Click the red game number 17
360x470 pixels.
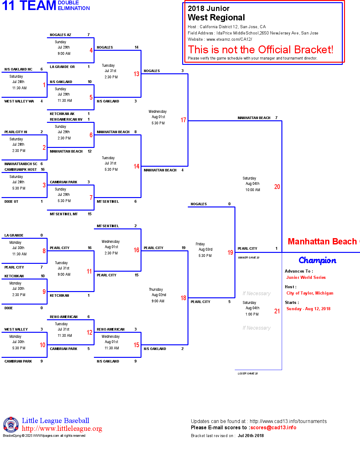coord(183,120)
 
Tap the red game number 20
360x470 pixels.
coord(277,187)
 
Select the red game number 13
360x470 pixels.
coord(136,74)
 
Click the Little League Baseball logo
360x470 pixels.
coord(11,425)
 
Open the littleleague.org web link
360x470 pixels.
coord(62,429)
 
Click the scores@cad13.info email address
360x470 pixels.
coord(273,428)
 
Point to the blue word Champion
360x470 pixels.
coord(317,260)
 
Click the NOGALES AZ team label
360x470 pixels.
coord(60,35)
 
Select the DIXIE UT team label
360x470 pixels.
coord(11,201)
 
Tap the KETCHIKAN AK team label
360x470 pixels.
coord(62,114)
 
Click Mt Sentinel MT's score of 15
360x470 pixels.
coord(90,214)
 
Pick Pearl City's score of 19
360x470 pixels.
coord(183,248)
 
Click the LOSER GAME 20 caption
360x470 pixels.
coord(248,373)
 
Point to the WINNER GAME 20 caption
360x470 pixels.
coord(249,258)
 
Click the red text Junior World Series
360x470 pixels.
coord(306,277)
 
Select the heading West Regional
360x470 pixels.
coord(216,18)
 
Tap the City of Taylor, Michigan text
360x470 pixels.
coord(310,293)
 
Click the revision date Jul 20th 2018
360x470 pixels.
coord(250,436)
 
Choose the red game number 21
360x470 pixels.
coord(277,311)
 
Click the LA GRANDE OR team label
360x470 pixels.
coord(62,67)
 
